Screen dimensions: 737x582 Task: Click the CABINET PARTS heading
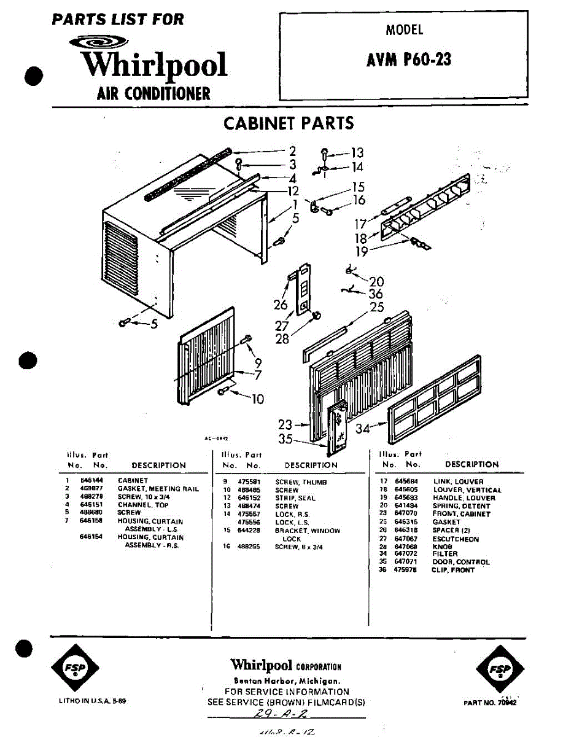(289, 123)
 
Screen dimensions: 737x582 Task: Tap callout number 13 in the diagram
(357, 153)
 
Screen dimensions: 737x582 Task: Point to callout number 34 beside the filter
(363, 428)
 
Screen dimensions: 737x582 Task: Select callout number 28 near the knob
(282, 338)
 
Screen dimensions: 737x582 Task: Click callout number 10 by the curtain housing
(258, 399)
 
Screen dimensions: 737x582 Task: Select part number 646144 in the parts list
(88, 480)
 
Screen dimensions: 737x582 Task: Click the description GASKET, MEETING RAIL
(158, 489)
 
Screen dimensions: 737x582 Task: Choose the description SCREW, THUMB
(301, 483)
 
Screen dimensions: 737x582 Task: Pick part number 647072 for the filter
(405, 554)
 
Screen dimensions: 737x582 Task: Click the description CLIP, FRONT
(453, 570)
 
